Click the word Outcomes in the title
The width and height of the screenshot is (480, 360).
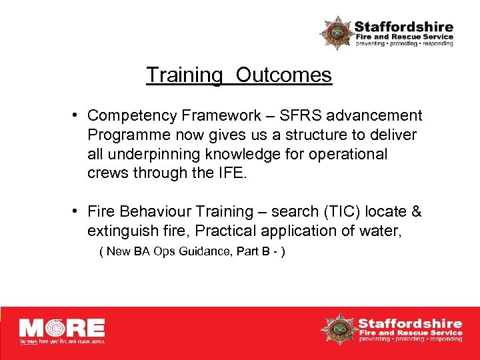pyautogui.click(x=283, y=75)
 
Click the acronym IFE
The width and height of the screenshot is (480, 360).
pyautogui.click(x=231, y=173)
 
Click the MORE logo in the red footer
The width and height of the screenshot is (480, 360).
pyautogui.click(x=62, y=330)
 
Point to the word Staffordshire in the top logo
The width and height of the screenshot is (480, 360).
pyautogui.click(x=403, y=27)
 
